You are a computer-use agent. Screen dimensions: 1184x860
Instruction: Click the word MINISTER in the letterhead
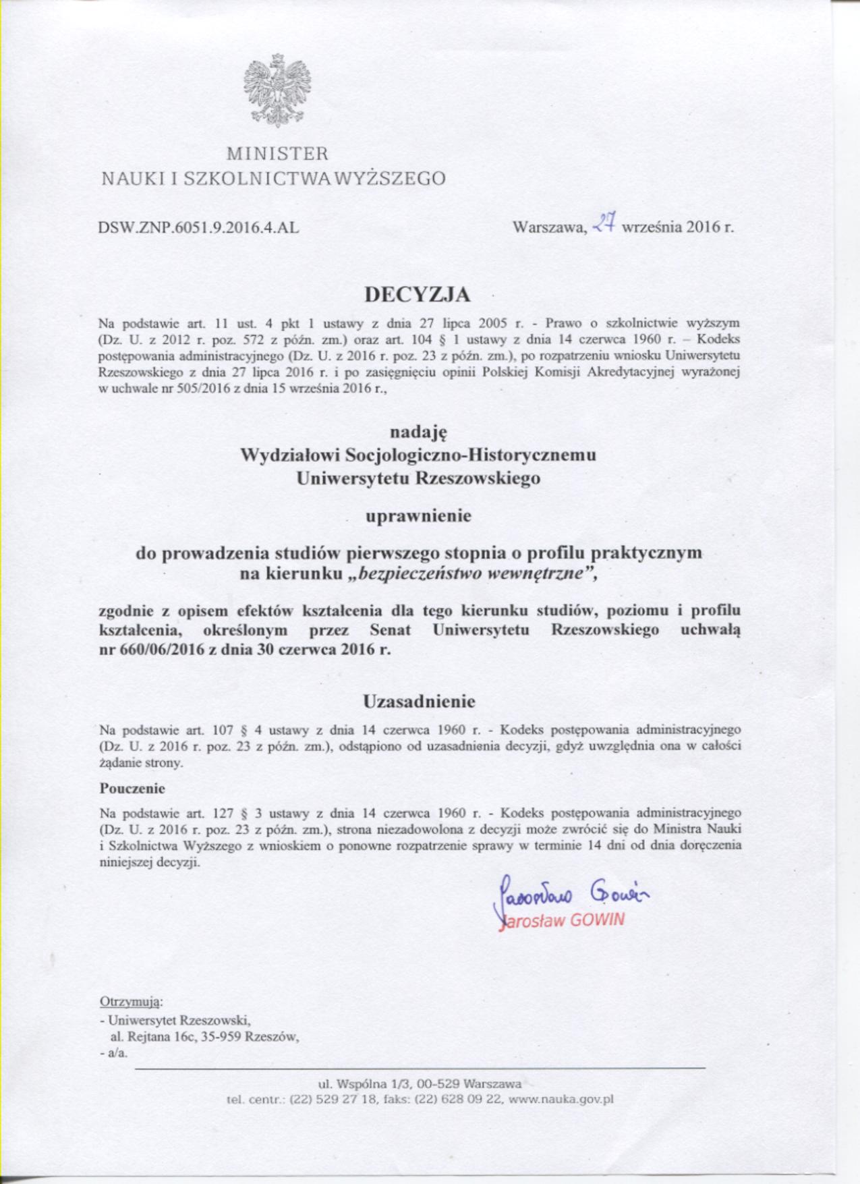[277, 154]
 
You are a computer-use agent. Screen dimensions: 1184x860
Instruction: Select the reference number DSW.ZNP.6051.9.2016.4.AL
[199, 227]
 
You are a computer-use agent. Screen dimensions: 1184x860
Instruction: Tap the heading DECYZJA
[418, 295]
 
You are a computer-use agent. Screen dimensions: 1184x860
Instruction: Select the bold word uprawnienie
[418, 517]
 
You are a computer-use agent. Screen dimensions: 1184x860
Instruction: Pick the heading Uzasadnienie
[419, 702]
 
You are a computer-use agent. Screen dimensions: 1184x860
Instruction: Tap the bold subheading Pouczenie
[132, 788]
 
